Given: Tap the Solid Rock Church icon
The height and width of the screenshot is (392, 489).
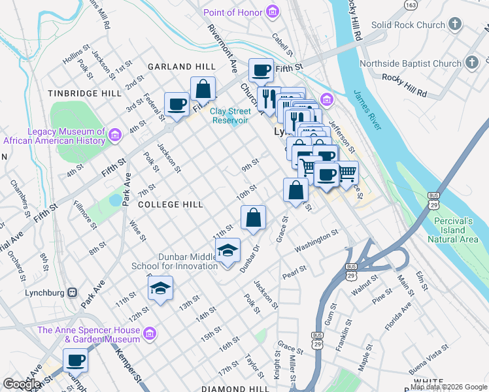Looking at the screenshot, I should pos(455,25).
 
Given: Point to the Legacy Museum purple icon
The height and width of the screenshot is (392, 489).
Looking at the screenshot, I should pos(115,135).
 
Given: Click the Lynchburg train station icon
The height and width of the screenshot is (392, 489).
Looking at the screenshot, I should pos(72,292).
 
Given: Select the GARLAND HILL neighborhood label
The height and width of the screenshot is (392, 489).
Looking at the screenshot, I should pos(181,67).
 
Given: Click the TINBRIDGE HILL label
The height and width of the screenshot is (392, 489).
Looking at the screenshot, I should pos(85,93).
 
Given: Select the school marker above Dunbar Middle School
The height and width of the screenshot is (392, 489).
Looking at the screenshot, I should pos(228,251).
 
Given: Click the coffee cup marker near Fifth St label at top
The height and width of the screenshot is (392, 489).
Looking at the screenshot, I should pos(261,70).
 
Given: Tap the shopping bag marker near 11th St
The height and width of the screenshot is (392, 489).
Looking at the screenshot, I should pos(253,217).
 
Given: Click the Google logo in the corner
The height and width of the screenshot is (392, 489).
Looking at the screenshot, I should pos(22,384).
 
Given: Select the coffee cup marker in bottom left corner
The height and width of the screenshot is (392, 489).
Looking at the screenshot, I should pos(75,360).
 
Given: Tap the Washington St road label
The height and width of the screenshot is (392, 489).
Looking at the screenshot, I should pos(316,240).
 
